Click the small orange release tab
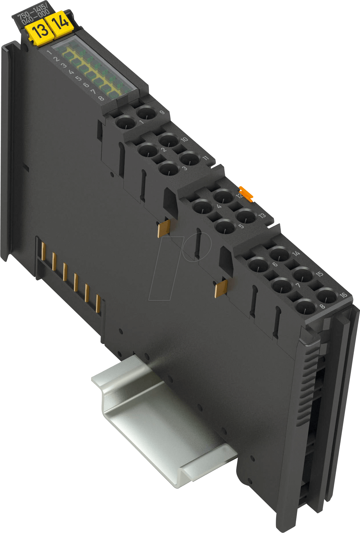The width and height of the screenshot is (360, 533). click(x=246, y=193)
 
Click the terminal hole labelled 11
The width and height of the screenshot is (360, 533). click(x=189, y=159)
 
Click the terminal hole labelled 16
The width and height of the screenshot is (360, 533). click(x=327, y=296)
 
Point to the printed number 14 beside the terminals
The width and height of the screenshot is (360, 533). click(x=296, y=253)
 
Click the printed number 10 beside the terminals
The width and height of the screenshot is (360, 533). click(x=184, y=139)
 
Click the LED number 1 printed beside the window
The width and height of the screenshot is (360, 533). click(x=49, y=53)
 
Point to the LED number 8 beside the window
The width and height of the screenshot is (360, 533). click(x=101, y=98)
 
